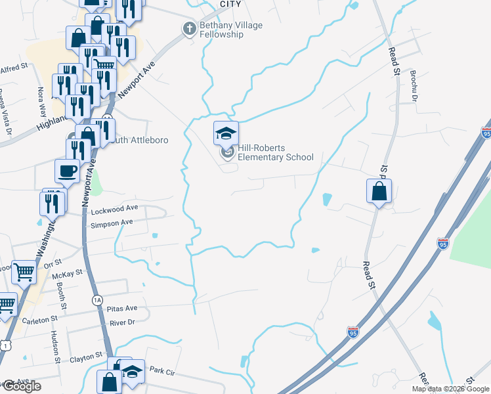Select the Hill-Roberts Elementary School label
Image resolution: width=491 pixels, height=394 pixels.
[275, 153]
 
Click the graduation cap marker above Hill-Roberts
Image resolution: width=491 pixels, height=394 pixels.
[226, 133]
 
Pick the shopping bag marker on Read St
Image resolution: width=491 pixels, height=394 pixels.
[379, 192]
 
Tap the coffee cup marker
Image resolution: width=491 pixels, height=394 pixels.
[68, 171]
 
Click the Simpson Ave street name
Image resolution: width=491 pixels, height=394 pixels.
[112, 223]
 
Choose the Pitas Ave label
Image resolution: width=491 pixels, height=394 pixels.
[123, 308]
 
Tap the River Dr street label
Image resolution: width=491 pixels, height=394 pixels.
[122, 322]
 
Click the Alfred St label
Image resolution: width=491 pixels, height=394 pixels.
[14, 67]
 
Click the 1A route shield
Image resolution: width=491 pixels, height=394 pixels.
[97, 299]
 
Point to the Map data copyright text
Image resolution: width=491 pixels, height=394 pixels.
[450, 389]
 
